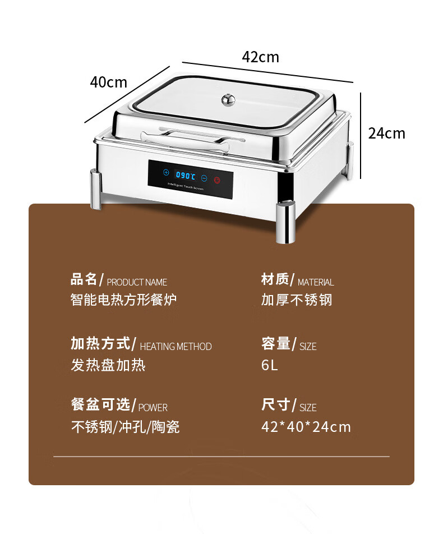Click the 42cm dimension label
point(261,57)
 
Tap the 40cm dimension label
point(109,82)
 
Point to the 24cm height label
point(387,133)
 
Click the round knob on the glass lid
point(228,99)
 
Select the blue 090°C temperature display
point(186,176)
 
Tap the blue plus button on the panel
point(166,172)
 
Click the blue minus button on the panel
point(204,178)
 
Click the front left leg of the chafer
point(96,190)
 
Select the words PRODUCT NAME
point(137,282)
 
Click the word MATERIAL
point(316,282)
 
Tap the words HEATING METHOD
point(176,347)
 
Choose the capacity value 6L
point(269,365)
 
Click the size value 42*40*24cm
point(306,427)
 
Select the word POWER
point(153,408)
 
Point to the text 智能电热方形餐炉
point(123,300)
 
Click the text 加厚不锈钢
point(297,300)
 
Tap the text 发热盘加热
point(108,365)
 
